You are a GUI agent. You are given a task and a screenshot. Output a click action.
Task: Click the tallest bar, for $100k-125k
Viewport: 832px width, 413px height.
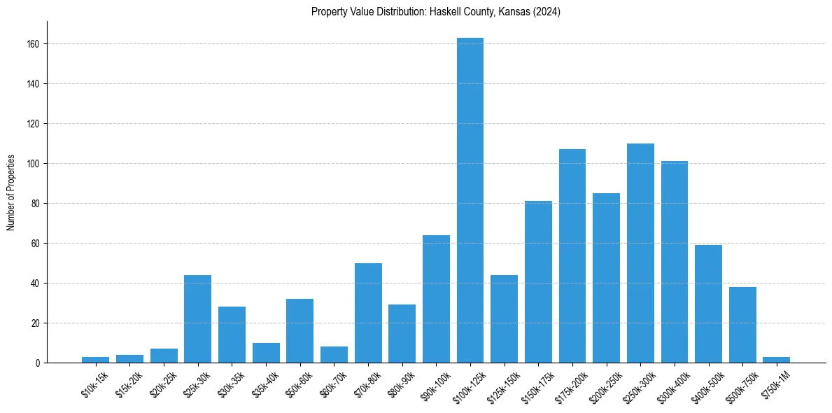click(470, 200)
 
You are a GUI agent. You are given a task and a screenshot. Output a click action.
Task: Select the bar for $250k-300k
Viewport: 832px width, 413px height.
click(640, 253)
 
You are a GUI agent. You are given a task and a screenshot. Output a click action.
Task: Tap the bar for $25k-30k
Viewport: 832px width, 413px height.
click(197, 319)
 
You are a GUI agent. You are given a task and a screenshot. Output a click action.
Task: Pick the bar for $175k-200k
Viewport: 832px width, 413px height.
click(572, 256)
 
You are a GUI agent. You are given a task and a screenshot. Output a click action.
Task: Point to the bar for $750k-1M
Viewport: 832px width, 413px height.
click(776, 360)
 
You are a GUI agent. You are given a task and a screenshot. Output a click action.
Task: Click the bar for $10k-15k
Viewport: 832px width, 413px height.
click(95, 360)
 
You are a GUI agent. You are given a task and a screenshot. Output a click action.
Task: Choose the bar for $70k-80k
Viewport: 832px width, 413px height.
click(368, 313)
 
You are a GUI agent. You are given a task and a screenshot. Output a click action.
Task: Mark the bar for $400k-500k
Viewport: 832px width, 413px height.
click(708, 304)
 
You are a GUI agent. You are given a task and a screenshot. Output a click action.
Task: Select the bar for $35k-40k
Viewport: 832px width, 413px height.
click(266, 353)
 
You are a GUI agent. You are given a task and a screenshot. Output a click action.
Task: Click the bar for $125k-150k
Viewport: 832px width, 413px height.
click(504, 319)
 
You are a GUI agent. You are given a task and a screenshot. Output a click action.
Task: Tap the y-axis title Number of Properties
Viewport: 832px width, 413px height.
click(11, 192)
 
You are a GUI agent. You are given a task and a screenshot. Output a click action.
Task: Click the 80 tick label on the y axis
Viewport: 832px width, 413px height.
click(38, 204)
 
